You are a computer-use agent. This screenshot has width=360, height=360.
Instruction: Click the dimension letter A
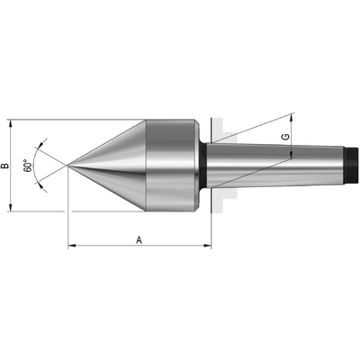(x=139, y=239)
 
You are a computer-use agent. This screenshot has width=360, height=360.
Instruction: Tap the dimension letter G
(x=285, y=136)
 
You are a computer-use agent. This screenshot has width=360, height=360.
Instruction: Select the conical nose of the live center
(x=112, y=165)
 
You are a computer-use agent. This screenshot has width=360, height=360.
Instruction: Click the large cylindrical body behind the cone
(x=171, y=165)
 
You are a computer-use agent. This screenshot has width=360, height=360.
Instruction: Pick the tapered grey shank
(x=279, y=165)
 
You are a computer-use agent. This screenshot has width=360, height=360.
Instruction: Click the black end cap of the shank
(x=345, y=165)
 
